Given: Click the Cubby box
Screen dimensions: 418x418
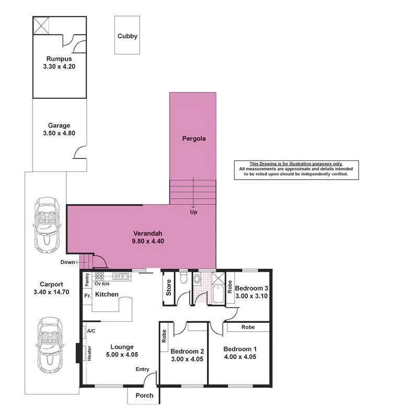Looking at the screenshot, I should coord(127,35).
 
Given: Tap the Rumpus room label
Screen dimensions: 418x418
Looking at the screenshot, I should coord(59,59).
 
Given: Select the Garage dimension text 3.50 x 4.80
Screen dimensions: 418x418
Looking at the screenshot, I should coord(59,133).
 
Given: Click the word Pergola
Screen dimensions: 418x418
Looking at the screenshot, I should coord(194,139).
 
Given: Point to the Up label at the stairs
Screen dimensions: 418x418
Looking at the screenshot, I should coord(194,213).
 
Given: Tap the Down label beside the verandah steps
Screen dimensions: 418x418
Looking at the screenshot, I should coord(68,262).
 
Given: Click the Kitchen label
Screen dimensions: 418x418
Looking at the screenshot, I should coord(107,295).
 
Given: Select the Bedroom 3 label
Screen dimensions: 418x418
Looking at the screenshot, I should coord(252,288).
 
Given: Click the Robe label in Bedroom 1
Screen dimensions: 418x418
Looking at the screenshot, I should coord(248,327).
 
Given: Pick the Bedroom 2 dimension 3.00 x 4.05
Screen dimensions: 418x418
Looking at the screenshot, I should coord(187,359).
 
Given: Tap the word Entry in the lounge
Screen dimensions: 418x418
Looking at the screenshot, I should coord(143,369).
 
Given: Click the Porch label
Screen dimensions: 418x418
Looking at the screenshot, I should coord(144,396).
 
